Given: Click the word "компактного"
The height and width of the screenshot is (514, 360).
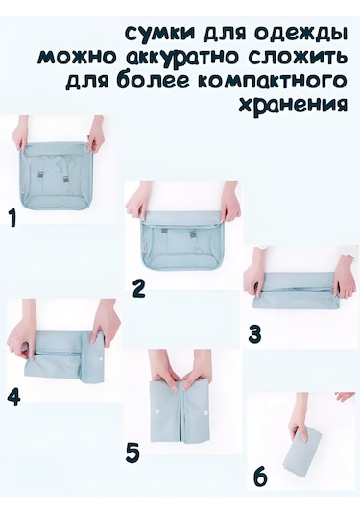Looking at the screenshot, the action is coord(272,81).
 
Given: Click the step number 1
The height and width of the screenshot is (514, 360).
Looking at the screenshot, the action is coord(12,218).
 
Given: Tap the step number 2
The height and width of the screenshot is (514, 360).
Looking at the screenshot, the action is coord(139,289).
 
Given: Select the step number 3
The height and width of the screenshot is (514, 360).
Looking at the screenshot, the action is coord(254,335).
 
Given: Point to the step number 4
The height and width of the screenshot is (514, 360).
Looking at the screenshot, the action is coord(13,398).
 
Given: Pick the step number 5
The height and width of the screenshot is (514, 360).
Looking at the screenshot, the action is coord(132,453).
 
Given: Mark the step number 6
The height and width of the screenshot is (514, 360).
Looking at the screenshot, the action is coord(260,477).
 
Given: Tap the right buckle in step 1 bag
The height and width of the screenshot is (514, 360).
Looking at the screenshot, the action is coord(66,177).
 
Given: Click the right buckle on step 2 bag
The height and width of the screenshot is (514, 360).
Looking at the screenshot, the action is coord(193,233).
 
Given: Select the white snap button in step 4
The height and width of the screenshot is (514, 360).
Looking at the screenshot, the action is coord(101,360).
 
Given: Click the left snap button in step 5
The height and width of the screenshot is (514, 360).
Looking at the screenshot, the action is coord(157,410).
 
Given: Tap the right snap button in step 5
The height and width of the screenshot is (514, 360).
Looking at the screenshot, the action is coord(205,410).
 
